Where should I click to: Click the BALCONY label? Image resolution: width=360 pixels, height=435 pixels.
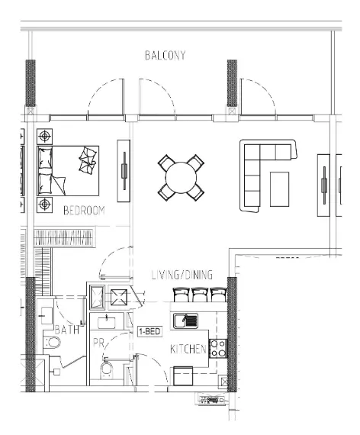click(x=165, y=56)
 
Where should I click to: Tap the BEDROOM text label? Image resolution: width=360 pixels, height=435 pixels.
click(x=83, y=210)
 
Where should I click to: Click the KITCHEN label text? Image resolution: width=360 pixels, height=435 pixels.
click(x=188, y=350)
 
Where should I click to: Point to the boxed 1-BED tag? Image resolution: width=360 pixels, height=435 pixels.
click(x=148, y=333)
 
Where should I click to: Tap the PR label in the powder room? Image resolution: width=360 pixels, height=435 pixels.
click(x=98, y=344)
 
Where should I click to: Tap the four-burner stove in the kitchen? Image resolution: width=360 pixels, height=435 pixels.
click(x=217, y=347)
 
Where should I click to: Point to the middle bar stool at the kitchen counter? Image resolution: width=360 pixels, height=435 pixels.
click(x=201, y=294)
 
